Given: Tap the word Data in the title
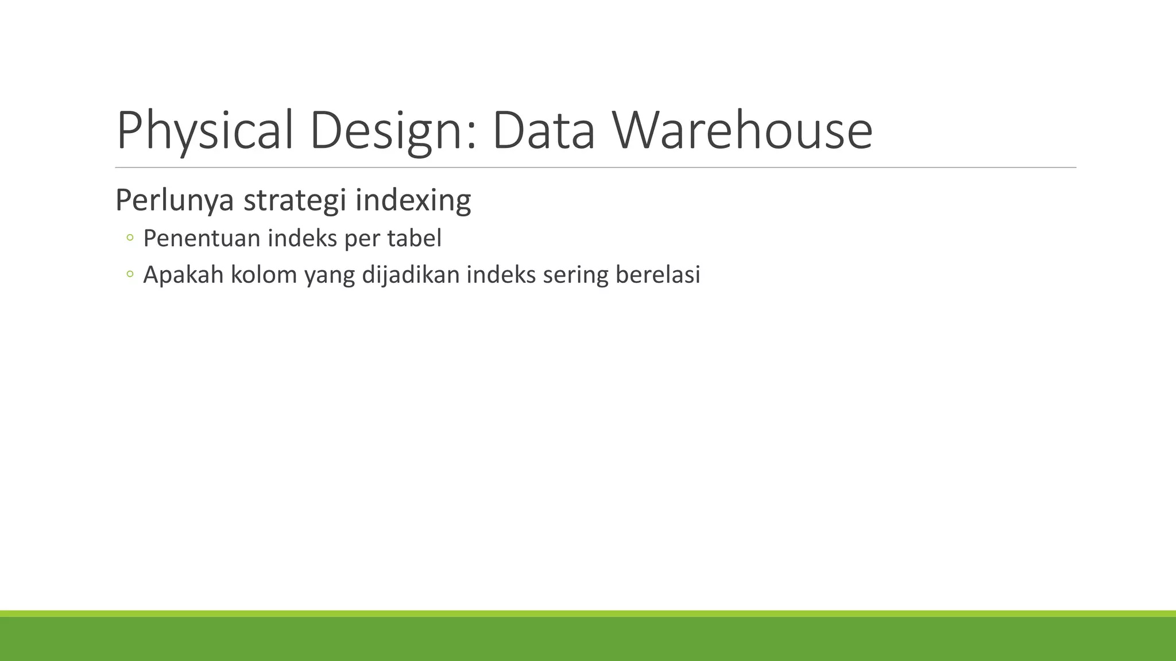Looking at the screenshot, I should click(543, 131).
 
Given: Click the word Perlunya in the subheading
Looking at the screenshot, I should click(175, 200).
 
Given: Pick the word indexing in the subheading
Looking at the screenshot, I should click(413, 200).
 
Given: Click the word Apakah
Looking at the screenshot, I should click(183, 275).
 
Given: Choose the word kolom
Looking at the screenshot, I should click(264, 275).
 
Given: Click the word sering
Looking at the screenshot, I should click(575, 276).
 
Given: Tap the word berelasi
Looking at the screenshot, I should click(658, 275).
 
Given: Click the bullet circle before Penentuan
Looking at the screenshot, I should click(130, 238).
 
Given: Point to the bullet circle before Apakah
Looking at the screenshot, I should click(130, 274).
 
